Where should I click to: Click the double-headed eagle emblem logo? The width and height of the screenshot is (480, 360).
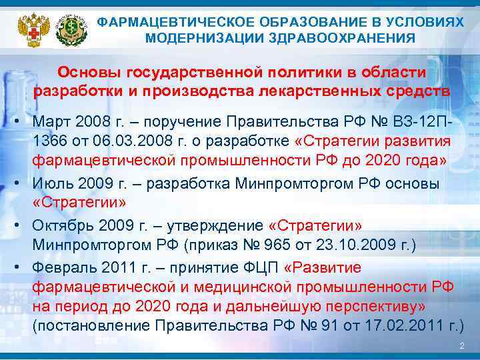tap(29, 27)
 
